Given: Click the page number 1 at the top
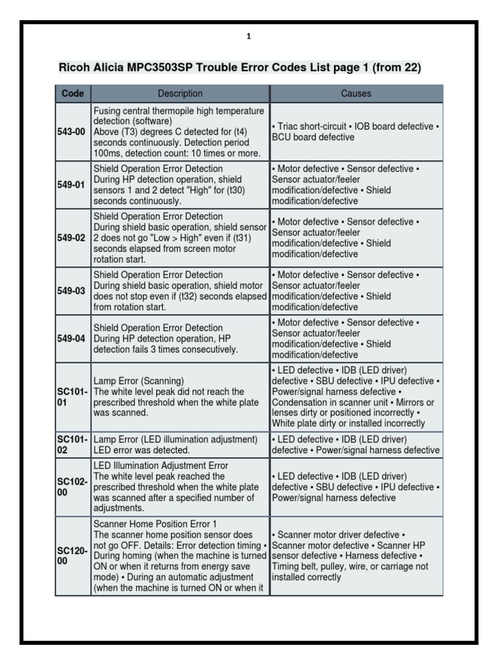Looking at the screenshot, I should pos(248,37).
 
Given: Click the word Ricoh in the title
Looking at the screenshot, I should pos(75,67).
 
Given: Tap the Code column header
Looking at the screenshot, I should pos(73,94).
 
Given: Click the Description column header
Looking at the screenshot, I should pos(180,94).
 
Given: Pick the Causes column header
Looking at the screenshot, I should pos(356,94).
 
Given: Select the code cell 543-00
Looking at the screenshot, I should pos(71,132).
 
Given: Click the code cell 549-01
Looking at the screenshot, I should pos(71,184).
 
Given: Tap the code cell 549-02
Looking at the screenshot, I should pos(71,238).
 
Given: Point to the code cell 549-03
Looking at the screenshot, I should pos(71,291).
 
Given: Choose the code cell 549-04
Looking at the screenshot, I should pos(71,338).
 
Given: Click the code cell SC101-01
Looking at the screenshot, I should pos(71,397).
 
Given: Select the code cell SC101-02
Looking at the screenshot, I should pos(71,445).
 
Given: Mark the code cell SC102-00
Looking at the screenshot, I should pos(71,487).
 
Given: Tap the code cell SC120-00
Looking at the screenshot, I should pos(71,556).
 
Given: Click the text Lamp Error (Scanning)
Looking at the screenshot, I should pos(139,381).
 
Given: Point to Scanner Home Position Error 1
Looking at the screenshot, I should pos(155,523).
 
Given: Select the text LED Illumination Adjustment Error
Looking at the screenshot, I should pos(161,466).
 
